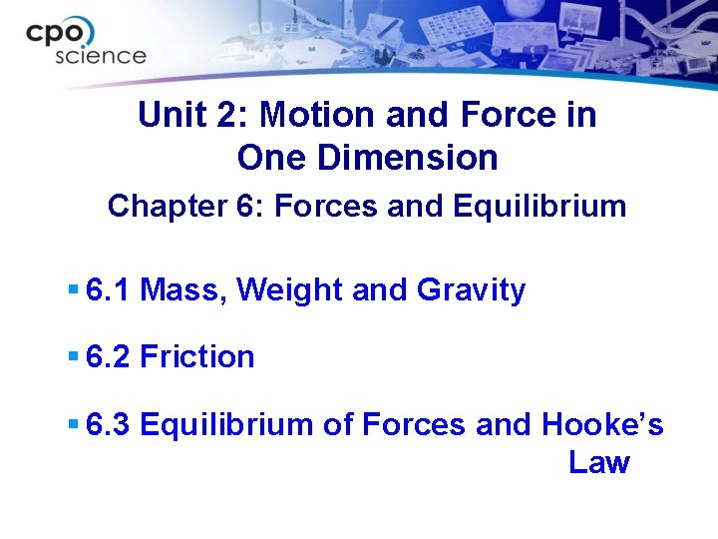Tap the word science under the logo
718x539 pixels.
[x=101, y=56]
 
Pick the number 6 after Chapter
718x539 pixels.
[x=251, y=207]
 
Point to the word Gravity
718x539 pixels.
[x=471, y=290]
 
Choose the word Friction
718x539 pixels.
[x=197, y=356]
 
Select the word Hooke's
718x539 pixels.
[x=602, y=424]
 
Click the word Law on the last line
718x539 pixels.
[x=599, y=463]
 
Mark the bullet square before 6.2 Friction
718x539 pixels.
[x=73, y=355]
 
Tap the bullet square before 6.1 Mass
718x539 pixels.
[x=73, y=289]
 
